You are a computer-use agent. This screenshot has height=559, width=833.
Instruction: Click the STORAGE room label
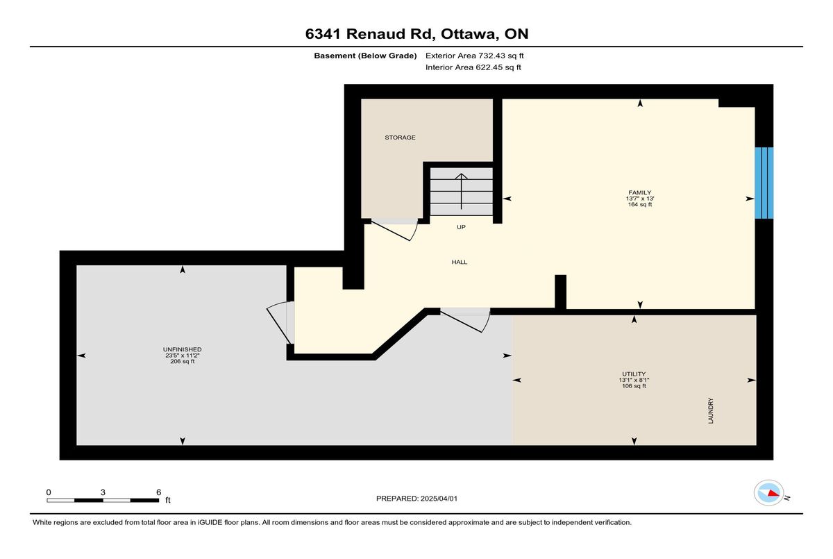click(x=400, y=137)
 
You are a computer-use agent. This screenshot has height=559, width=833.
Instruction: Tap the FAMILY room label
click(x=639, y=192)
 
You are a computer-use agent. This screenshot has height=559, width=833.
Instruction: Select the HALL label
click(x=460, y=262)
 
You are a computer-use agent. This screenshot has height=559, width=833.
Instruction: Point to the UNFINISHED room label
click(x=182, y=349)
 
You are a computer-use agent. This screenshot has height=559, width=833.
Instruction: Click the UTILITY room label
click(x=634, y=374)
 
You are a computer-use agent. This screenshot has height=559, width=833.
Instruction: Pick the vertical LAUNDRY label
click(x=711, y=410)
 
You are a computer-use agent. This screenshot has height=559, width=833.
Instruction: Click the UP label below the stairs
click(x=461, y=227)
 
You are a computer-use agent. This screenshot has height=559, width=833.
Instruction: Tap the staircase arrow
click(x=462, y=191)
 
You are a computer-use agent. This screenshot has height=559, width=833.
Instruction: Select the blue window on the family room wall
click(x=764, y=183)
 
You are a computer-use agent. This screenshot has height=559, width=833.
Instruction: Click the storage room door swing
click(x=395, y=230)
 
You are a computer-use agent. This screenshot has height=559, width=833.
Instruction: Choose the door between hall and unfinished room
click(x=280, y=322)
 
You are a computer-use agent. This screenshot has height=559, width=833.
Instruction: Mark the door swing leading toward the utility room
click(x=466, y=320)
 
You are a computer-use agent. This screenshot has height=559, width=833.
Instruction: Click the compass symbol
click(x=768, y=493)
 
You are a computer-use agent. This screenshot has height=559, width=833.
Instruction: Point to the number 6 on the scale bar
click(x=159, y=492)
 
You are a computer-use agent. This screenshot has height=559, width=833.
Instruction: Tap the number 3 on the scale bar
click(x=103, y=492)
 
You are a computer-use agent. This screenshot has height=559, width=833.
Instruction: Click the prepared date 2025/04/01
click(x=439, y=499)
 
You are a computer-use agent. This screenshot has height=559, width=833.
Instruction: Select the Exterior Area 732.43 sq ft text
click(x=475, y=56)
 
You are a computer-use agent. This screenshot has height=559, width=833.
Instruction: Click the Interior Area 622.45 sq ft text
click(x=473, y=67)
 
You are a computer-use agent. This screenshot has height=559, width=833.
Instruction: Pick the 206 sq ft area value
click(x=182, y=362)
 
